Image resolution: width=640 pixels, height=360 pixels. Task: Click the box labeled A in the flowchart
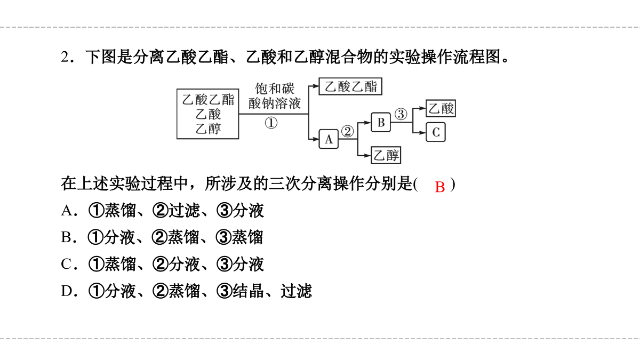[329, 139]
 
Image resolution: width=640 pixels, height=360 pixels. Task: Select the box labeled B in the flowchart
[381, 122]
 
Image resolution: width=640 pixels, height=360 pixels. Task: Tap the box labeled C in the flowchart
[436, 132]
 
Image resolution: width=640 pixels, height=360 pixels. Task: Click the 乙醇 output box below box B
[386, 155]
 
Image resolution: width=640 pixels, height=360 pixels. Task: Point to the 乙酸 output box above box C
[441, 108]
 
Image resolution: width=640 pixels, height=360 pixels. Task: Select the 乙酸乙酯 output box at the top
[350, 86]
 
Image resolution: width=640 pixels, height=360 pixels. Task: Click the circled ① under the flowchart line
[271, 123]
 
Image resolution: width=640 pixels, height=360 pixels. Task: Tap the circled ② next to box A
[347, 131]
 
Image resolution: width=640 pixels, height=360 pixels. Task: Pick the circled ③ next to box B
[401, 114]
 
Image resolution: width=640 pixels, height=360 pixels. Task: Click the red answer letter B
[439, 187]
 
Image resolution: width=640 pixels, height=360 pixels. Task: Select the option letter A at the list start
[67, 211]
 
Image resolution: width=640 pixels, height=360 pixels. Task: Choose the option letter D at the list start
[67, 291]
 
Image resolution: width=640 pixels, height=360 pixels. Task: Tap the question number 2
[65, 57]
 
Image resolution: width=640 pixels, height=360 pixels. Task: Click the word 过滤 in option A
[184, 211]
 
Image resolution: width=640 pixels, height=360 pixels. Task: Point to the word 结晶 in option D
[248, 291]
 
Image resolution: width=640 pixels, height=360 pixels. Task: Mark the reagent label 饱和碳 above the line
[275, 89]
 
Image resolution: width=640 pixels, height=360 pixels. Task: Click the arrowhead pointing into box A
[316, 139]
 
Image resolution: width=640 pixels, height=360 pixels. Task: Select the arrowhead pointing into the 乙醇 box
[367, 155]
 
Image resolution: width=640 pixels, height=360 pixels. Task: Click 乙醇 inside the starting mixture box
[209, 129]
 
